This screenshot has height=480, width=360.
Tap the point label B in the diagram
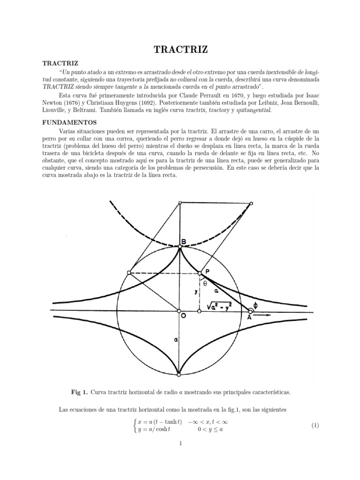184,242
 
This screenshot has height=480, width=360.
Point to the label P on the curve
206,271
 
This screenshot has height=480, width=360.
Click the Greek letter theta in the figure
205,283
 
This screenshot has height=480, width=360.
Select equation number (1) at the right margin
315,426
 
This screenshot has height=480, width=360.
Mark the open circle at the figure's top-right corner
251,203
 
